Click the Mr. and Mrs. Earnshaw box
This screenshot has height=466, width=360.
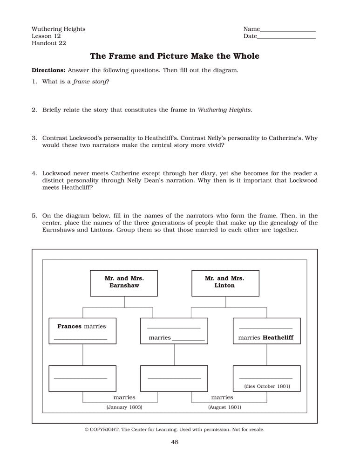coord(124,283)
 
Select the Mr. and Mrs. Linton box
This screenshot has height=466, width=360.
coord(225,283)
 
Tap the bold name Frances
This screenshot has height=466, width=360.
coord(69,326)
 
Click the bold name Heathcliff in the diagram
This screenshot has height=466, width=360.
coord(278,337)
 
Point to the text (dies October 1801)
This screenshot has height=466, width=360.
coord(267,386)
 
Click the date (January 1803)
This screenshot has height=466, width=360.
coord(124,407)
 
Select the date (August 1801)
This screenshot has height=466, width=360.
coord(224,407)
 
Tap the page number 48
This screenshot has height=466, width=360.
coord(174,442)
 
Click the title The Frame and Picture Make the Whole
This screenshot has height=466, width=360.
coord(174,56)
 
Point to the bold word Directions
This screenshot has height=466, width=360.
coord(48,70)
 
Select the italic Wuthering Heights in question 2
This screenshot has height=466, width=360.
coord(224,110)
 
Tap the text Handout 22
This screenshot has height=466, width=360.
coord(49,43)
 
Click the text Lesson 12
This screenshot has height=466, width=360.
coord(46,36)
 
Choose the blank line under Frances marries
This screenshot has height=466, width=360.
coord(81,339)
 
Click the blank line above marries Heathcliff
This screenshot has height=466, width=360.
coord(266,329)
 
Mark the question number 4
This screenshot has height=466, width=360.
coord(34,173)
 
